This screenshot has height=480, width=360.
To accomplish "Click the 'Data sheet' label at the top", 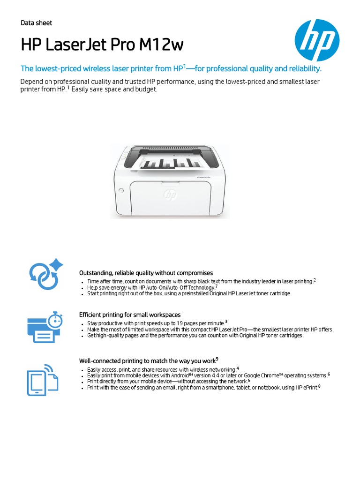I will pyautogui.click(x=37, y=23).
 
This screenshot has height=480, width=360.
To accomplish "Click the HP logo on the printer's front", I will pyautogui.click(x=170, y=194).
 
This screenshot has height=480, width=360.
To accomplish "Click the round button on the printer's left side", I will pyautogui.click(x=120, y=191).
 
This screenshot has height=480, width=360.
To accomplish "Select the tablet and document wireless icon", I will pyautogui.click(x=42, y=379).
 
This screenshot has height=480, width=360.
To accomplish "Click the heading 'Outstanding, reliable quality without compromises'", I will pyautogui.click(x=146, y=273).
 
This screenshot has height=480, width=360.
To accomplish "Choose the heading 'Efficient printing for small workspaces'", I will pyautogui.click(x=130, y=315).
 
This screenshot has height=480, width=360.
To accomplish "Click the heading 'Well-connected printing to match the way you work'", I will pyautogui.click(x=147, y=361).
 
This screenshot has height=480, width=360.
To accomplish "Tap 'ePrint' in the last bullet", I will pyautogui.click(x=309, y=388).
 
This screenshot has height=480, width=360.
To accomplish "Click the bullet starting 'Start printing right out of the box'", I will pyautogui.click(x=189, y=293).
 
